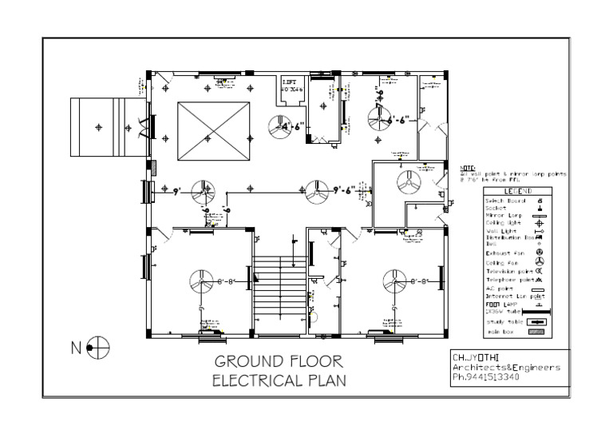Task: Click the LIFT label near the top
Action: [x=288, y=82]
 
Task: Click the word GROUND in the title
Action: [x=245, y=362]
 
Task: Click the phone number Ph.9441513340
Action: [x=485, y=377]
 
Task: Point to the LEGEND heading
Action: [x=517, y=193]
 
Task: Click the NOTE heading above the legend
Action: [x=468, y=167]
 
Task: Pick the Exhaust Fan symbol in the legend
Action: [x=540, y=252]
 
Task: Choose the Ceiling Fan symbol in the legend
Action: [x=540, y=262]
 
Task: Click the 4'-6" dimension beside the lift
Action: [x=292, y=126]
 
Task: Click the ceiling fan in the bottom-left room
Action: [x=201, y=282]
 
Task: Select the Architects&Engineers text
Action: [x=504, y=367]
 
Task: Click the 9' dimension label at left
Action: [x=176, y=191]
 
